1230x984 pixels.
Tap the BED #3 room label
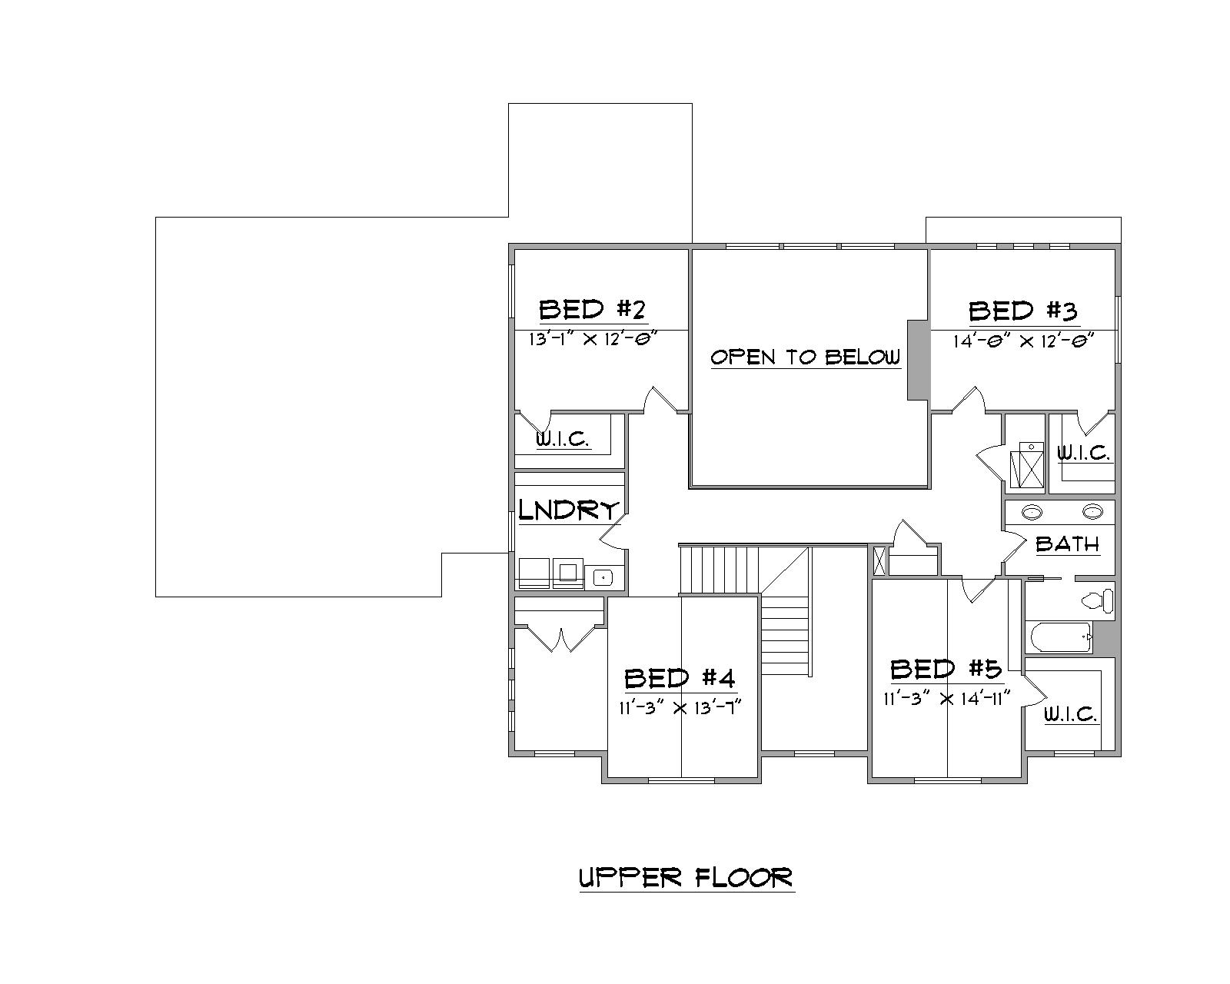pyautogui.click(x=1022, y=311)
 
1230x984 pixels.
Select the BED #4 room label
pyautogui.click(x=680, y=679)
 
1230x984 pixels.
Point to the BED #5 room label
pyautogui.click(x=946, y=670)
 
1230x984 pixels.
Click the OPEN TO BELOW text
pyautogui.click(x=805, y=357)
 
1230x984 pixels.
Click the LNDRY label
pyautogui.click(x=568, y=510)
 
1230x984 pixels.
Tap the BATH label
pyautogui.click(x=1067, y=544)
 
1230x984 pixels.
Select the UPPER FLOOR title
pyautogui.click(x=686, y=877)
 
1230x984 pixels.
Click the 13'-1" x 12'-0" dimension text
pyautogui.click(x=590, y=339)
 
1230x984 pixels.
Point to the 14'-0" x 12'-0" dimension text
pyautogui.click(x=1023, y=341)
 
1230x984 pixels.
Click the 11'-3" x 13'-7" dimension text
pyautogui.click(x=680, y=708)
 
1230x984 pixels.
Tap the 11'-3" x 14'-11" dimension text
pyautogui.click(x=946, y=699)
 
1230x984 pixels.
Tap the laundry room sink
pyautogui.click(x=604, y=576)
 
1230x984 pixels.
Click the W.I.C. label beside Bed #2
pyautogui.click(x=563, y=440)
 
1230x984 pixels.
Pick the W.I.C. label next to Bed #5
pyautogui.click(x=1070, y=714)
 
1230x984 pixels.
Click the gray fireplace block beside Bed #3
pyautogui.click(x=918, y=360)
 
